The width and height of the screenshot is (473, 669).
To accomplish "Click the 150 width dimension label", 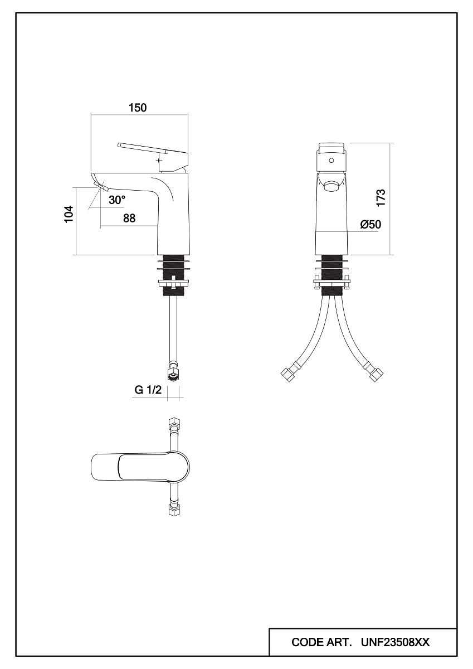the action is (138, 108).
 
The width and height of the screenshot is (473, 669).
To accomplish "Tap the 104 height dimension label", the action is (69, 214).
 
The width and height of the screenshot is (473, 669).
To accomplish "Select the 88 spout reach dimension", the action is (129, 219).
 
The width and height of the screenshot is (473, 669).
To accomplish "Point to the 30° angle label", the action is (116, 200).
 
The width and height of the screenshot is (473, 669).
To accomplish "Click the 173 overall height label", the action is (381, 198).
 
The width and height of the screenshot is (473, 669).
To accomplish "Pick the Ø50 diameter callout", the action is (370, 224).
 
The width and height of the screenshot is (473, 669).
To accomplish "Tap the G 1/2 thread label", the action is (148, 390).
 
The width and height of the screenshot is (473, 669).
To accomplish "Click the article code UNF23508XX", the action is (396, 642).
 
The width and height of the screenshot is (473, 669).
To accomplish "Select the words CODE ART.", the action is (321, 642).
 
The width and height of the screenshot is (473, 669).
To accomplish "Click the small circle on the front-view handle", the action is (331, 161).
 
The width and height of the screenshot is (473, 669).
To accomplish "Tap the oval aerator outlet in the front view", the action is (331, 186).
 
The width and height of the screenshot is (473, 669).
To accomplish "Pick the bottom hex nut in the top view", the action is (173, 510).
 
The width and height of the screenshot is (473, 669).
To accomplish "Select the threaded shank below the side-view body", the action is (173, 275).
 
